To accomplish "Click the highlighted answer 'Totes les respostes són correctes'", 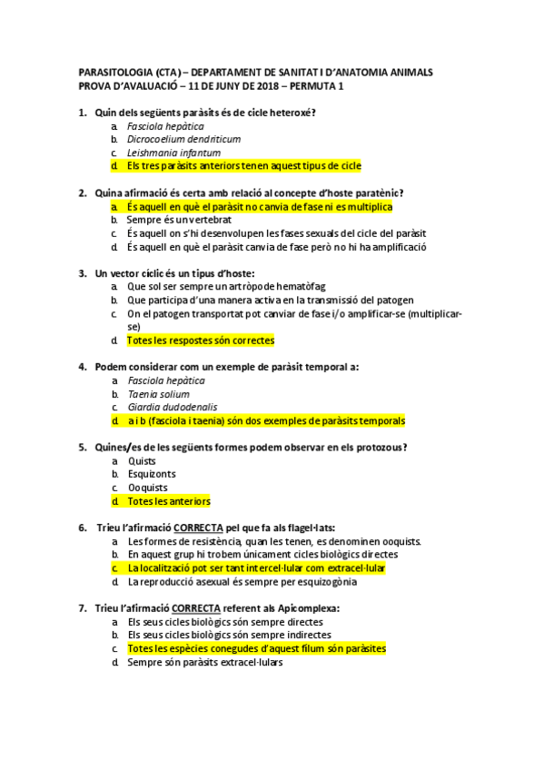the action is pos(200,341).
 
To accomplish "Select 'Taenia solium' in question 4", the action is pos(158,394).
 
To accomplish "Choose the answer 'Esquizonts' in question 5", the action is pos(152,474).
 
